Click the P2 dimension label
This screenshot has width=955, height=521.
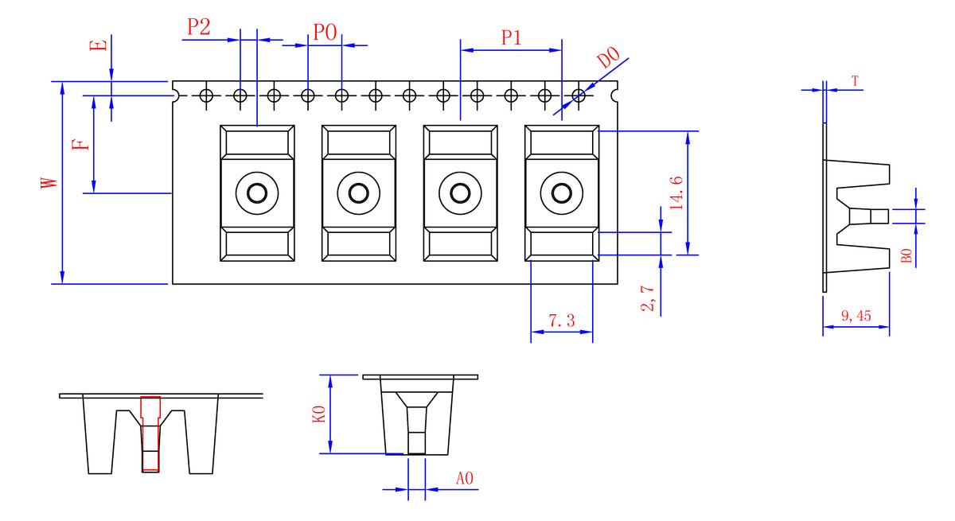tap(199, 27)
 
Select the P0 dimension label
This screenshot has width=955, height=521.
tap(325, 32)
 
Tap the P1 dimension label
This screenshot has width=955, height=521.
tap(511, 37)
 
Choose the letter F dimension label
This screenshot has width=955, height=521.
tap(79, 145)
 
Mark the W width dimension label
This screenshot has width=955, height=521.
tap(49, 182)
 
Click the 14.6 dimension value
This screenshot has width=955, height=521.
tap(676, 192)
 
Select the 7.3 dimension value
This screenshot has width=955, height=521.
tap(561, 321)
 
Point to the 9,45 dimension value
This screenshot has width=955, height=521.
tap(856, 316)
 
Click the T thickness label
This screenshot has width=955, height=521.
tap(855, 81)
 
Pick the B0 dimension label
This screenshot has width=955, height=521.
tap(906, 256)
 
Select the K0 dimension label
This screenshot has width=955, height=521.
tap(319, 414)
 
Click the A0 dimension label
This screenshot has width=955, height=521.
tap(465, 478)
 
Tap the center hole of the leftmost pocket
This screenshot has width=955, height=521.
tap(257, 193)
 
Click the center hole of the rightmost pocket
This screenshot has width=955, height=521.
tap(562, 193)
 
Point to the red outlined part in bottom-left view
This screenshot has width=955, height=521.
tap(150, 434)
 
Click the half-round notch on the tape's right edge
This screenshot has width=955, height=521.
tap(614, 95)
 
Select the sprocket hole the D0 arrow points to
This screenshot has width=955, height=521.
tap(579, 96)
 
